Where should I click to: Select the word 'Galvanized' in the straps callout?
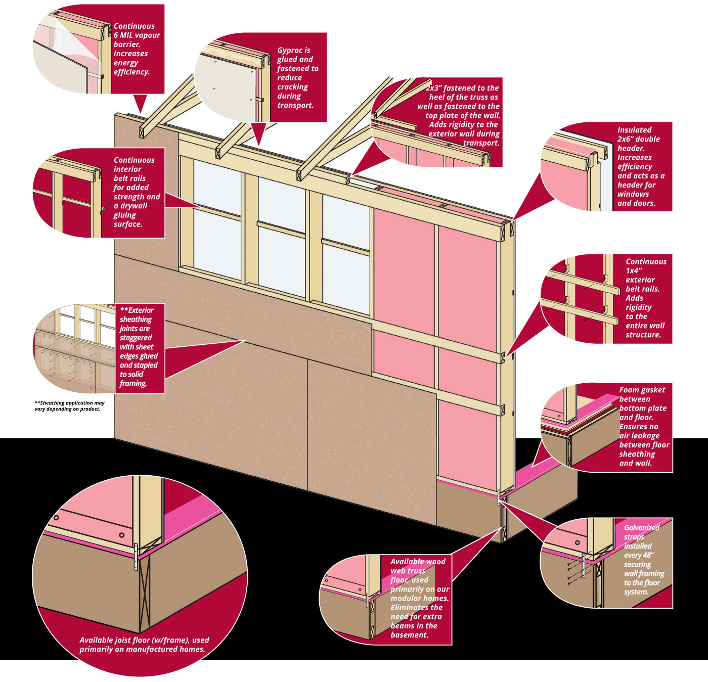click(642, 528)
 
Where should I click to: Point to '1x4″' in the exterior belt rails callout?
click(634, 270)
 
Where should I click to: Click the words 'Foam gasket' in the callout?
click(642, 390)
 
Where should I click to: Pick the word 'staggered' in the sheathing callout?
click(136, 338)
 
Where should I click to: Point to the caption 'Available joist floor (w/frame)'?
click(144, 640)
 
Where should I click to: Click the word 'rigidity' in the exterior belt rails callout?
click(638, 307)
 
